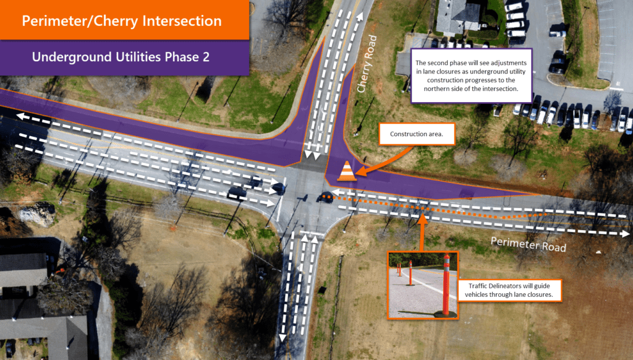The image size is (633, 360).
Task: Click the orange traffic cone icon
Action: tap(346, 171)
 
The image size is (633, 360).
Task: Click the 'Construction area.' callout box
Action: tap(417, 134)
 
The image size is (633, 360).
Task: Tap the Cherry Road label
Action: tap(367, 64)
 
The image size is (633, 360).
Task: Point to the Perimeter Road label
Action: tap(528, 244)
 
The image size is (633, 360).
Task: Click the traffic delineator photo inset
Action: tap(423, 285)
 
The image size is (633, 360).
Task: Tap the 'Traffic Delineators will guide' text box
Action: tap(509, 290)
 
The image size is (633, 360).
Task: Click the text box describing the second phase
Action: tap(471, 75)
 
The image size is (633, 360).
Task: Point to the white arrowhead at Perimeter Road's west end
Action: tap(21, 116)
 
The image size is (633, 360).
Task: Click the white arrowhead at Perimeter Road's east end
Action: tap(625, 234)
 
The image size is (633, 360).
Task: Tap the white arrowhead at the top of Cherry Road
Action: tap(359, 17)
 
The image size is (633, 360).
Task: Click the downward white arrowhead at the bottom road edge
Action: tap(283, 338)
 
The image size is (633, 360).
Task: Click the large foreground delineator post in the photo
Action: tap(446, 285)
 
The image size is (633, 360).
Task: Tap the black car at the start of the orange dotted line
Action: tap(325, 197)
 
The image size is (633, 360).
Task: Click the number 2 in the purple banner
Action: tap(206, 57)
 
